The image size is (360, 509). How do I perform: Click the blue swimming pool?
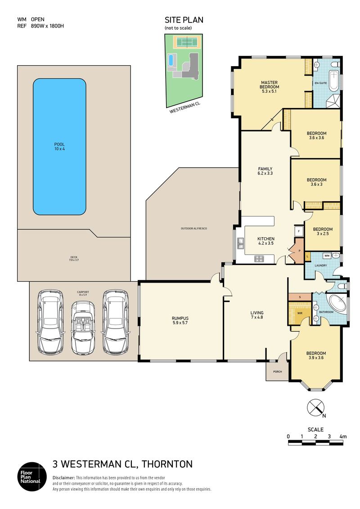59,147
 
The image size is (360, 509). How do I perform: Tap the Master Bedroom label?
270,87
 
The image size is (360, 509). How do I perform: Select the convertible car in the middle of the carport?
83,328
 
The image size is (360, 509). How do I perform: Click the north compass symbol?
315,407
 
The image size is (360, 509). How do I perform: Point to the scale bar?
315,442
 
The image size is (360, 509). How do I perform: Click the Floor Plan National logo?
32,476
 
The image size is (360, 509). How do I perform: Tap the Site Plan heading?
184,20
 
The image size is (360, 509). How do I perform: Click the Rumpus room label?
180,320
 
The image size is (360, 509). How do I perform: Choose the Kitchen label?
266,241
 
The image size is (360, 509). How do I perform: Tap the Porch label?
278,371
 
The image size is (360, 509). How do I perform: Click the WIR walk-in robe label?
300,313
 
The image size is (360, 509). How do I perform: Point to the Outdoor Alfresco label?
194,229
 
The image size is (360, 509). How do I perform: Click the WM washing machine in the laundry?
327,256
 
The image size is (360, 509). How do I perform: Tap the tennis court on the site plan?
187,42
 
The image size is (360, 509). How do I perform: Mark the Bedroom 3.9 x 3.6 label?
316,356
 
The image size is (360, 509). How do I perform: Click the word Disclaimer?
63,478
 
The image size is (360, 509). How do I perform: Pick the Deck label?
74,258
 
